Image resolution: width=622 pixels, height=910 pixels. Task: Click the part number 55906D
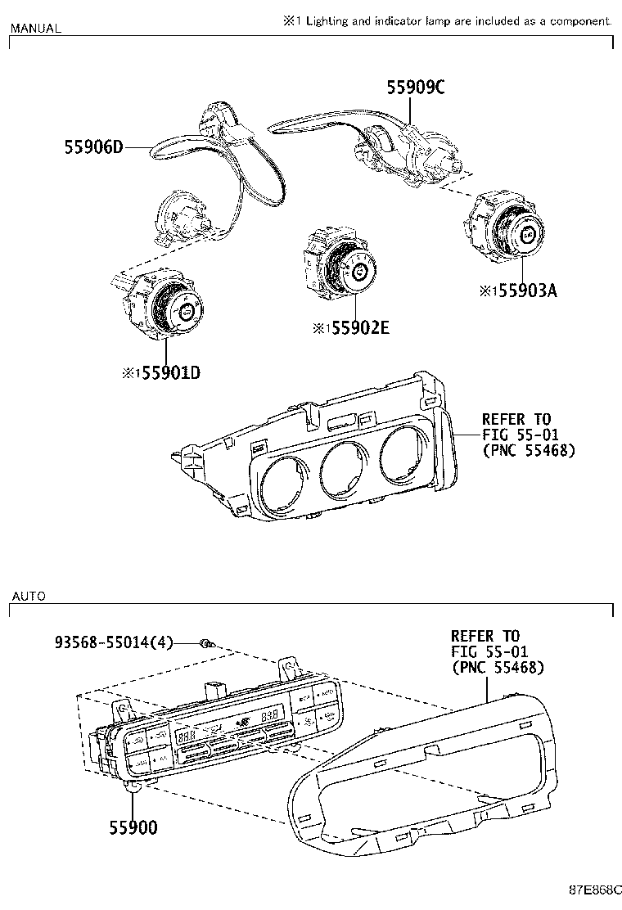pyautogui.click(x=93, y=147)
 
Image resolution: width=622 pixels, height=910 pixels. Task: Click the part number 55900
pyautogui.click(x=133, y=827)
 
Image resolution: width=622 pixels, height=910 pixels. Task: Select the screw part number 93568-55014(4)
pyautogui.click(x=114, y=643)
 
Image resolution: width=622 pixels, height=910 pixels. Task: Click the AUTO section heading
pyautogui.click(x=28, y=596)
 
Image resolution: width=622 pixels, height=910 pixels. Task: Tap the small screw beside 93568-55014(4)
pyautogui.click(x=206, y=644)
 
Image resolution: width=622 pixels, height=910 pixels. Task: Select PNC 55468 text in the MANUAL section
pyautogui.click(x=529, y=450)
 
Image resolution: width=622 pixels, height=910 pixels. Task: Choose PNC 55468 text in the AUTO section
pyautogui.click(x=498, y=668)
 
